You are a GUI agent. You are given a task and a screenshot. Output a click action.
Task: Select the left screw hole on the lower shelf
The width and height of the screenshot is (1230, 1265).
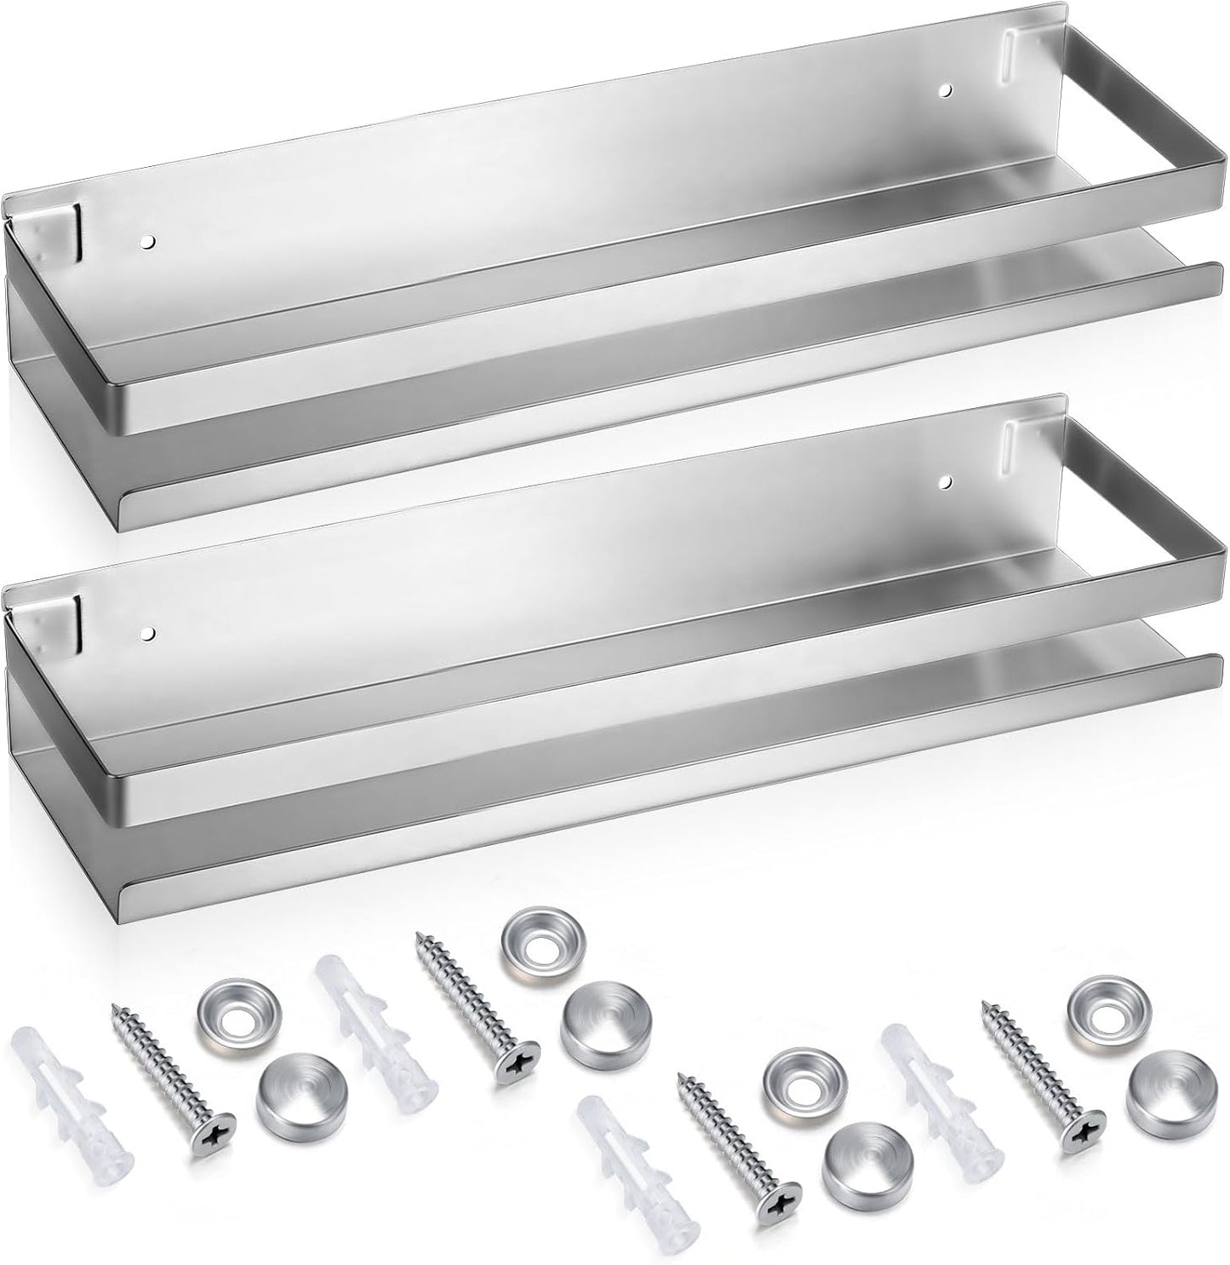point(148,635)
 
